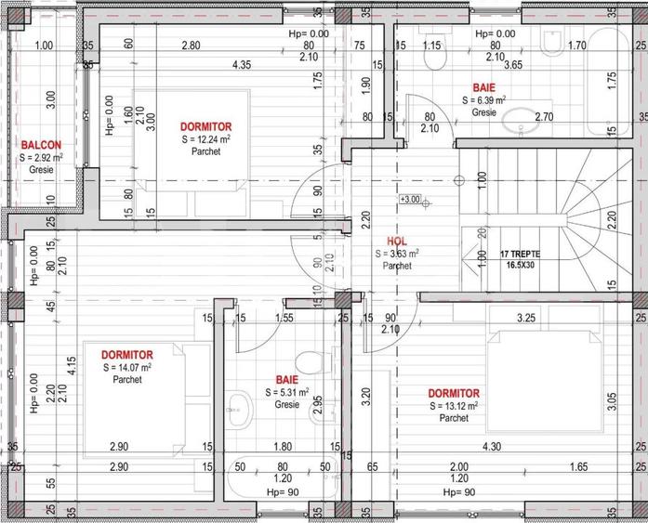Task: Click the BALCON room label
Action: pos(42,145)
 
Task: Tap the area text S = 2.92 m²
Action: pos(42,158)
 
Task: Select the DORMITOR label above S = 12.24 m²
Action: pos(205,126)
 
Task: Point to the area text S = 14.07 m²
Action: pos(127,368)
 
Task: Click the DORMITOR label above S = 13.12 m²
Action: pos(454,394)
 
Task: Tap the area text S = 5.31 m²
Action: pos(286,392)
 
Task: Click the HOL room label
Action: pos(397,240)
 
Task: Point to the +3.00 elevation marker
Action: pos(410,199)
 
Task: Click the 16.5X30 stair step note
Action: pos(520,265)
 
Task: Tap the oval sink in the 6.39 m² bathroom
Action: pos(517,118)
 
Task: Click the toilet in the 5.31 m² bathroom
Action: pos(308,361)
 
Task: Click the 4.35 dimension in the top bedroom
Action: pos(241,64)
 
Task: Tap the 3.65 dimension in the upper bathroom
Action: pos(513,65)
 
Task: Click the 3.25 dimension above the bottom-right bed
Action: pos(525,318)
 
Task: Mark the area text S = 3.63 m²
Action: pos(397,253)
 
